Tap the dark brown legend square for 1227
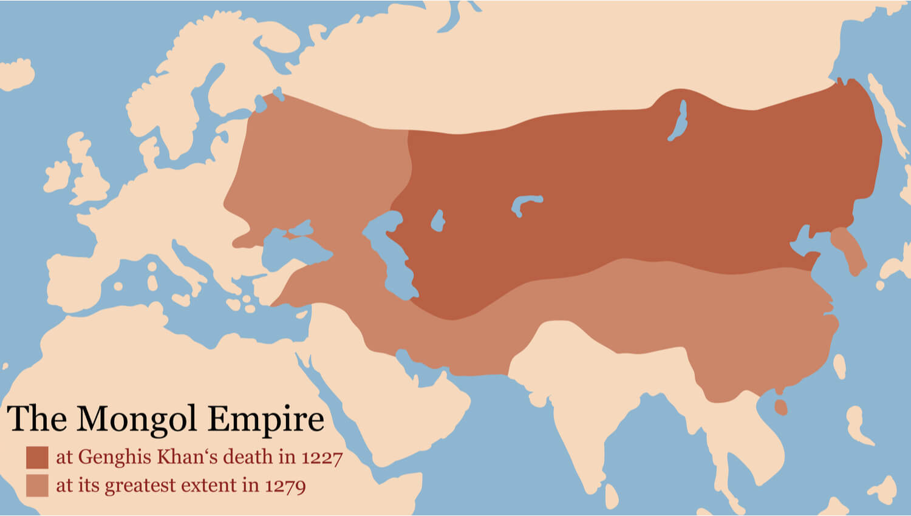pos(37,457)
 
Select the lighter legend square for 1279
pos(37,486)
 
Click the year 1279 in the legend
pos(285,486)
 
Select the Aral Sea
pos(437,221)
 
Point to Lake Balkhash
pos(525,203)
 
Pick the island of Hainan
pos(781,407)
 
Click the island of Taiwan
pos(840,367)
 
